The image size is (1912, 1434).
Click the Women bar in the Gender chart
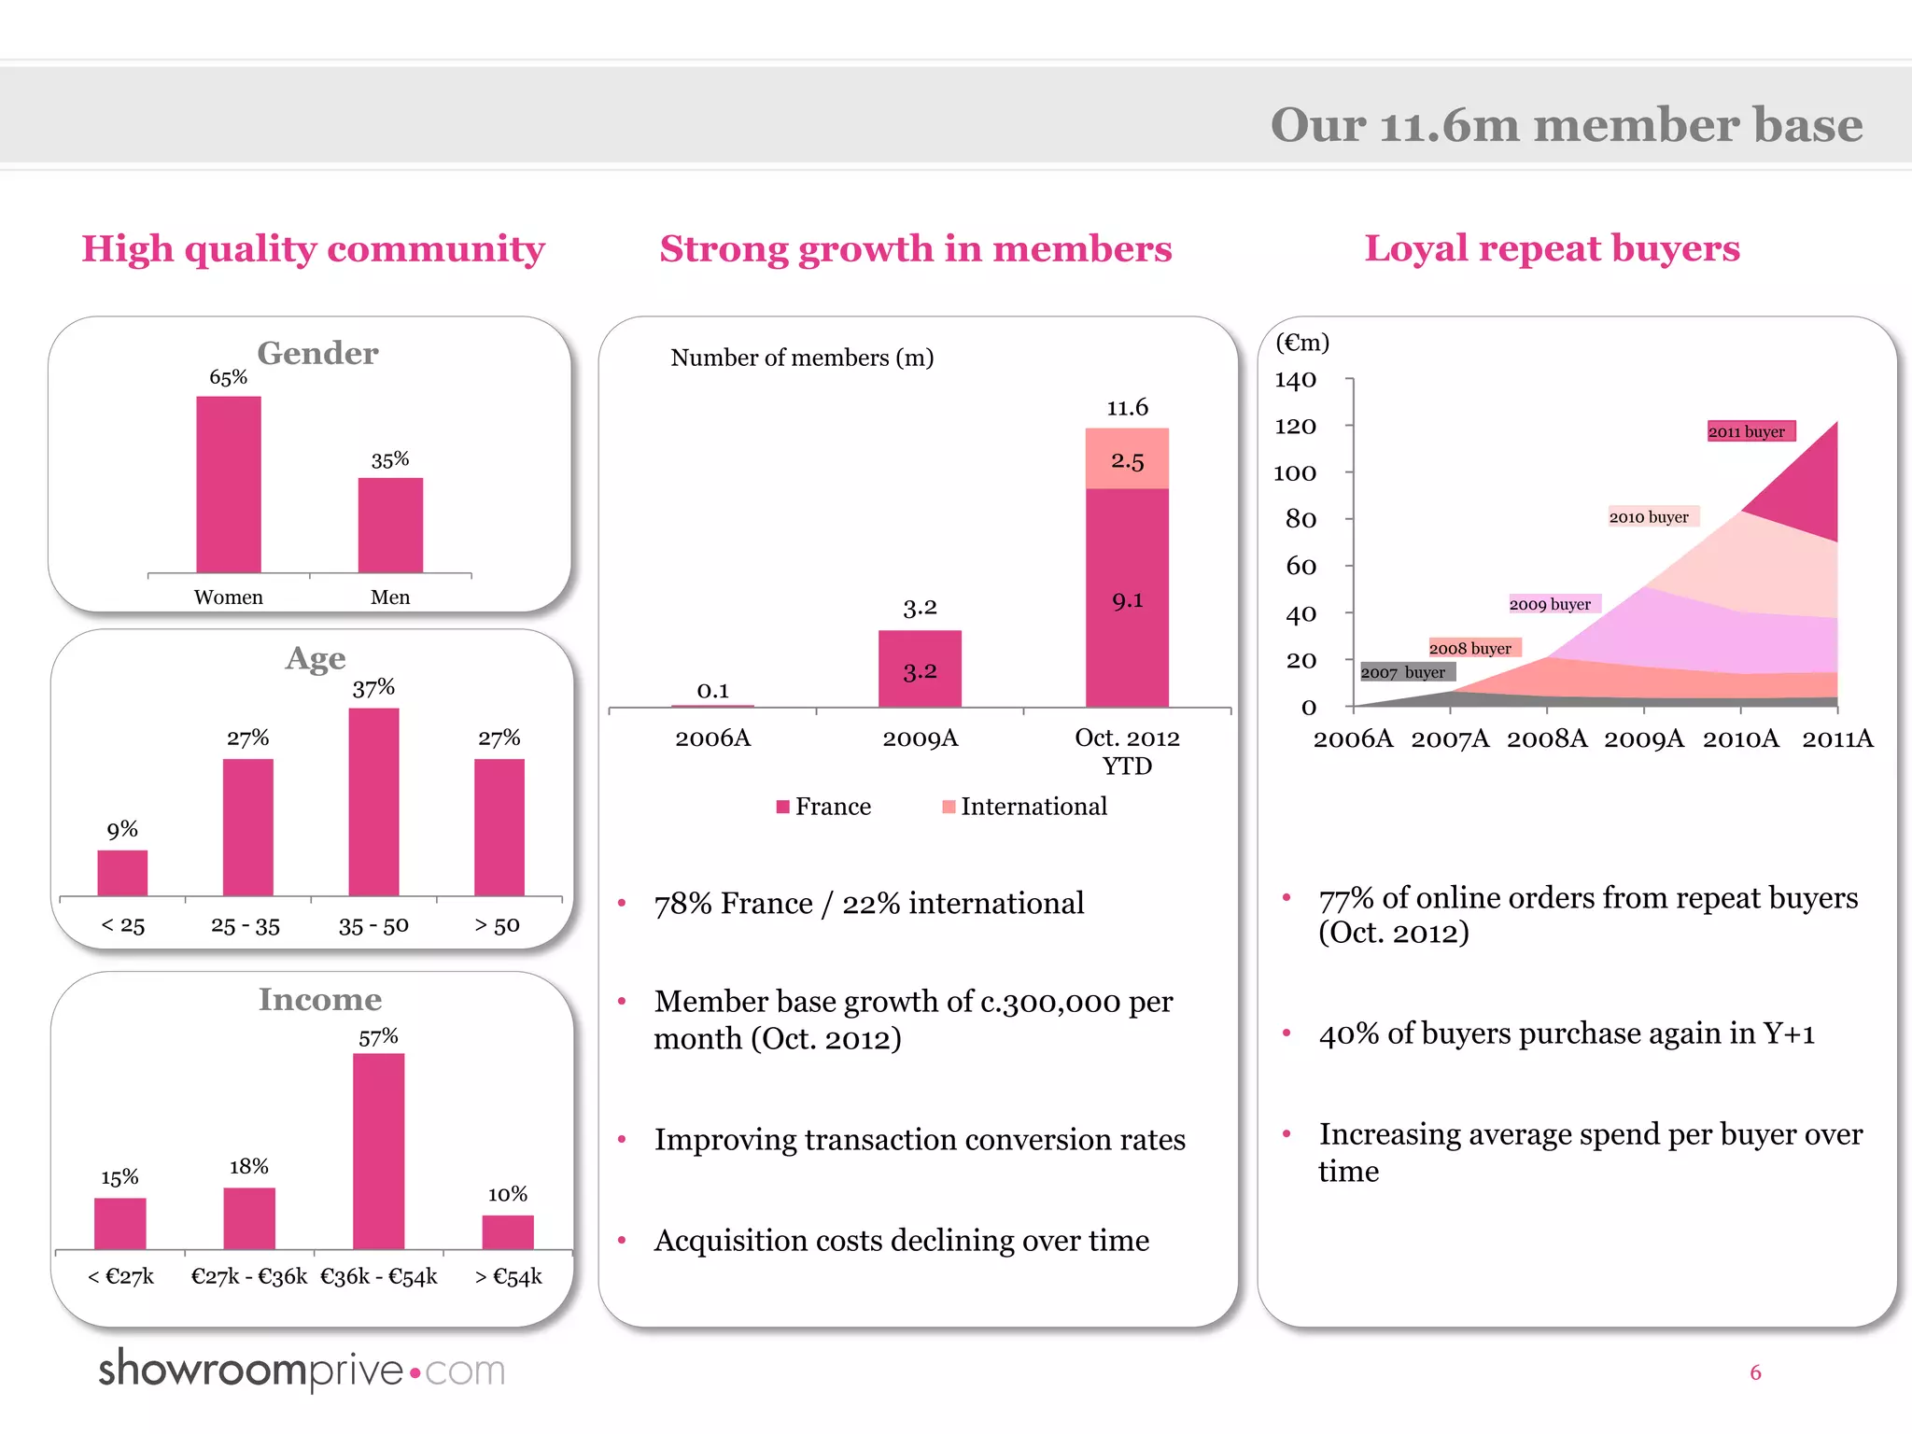coord(228,484)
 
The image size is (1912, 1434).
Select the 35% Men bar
coord(390,525)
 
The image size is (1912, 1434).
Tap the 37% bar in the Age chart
coord(373,801)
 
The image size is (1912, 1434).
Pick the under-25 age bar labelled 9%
coord(122,872)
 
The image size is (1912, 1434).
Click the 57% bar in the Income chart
coord(378,1150)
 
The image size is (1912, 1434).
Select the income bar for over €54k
coord(507,1231)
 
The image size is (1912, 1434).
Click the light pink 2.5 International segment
coord(1127,459)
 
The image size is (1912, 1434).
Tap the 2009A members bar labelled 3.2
coord(920,668)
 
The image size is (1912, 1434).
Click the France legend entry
coord(823,807)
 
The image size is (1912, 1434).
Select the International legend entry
coord(1024,807)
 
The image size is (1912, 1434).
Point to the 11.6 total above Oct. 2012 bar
coord(1127,408)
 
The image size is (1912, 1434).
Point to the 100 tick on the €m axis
coord(1296,473)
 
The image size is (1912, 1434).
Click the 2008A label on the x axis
coord(1547,738)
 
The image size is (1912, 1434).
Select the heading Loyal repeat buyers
coord(1552,248)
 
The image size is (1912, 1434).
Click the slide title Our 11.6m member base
coord(1566,125)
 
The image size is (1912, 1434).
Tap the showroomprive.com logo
coord(302,1371)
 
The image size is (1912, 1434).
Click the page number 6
coord(1755,1372)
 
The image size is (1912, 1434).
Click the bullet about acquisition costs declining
coord(901,1241)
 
